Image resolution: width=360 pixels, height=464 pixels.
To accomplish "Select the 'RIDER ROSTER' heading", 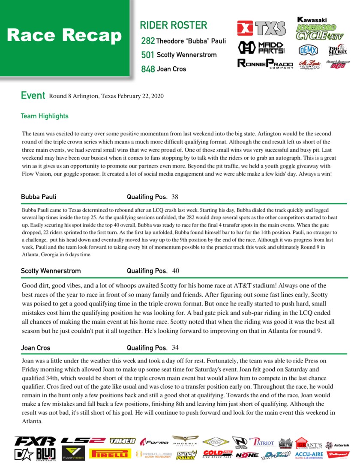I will tap(173, 25).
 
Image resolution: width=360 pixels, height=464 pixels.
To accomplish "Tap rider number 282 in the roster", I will tap(148, 41).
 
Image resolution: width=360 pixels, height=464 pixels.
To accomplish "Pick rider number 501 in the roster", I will tap(148, 55).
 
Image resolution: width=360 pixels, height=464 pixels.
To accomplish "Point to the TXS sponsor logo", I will tap(261, 29).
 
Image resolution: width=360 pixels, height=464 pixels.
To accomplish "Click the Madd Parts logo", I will tap(261, 47).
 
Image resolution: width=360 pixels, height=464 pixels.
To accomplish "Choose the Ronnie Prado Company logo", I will tap(265, 64).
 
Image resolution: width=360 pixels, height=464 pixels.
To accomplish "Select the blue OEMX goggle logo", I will tap(308, 50).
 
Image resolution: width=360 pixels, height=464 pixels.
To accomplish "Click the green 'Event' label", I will tap(33, 96).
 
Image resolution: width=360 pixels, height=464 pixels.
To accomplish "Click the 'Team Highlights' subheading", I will tap(45, 116).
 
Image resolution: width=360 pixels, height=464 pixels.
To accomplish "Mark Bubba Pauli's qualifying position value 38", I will tap(175, 197).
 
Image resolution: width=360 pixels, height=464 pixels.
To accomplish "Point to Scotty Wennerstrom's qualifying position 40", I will tap(176, 271).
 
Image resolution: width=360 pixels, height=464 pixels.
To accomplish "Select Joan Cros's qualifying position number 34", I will tap(175, 347).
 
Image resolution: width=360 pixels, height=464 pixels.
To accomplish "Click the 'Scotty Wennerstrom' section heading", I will tap(51, 271).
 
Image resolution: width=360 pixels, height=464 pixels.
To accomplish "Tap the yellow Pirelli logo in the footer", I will tap(110, 454).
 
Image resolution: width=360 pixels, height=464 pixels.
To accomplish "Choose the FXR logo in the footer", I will tap(35, 441).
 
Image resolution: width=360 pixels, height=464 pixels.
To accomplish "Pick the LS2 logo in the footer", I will tap(83, 440).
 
